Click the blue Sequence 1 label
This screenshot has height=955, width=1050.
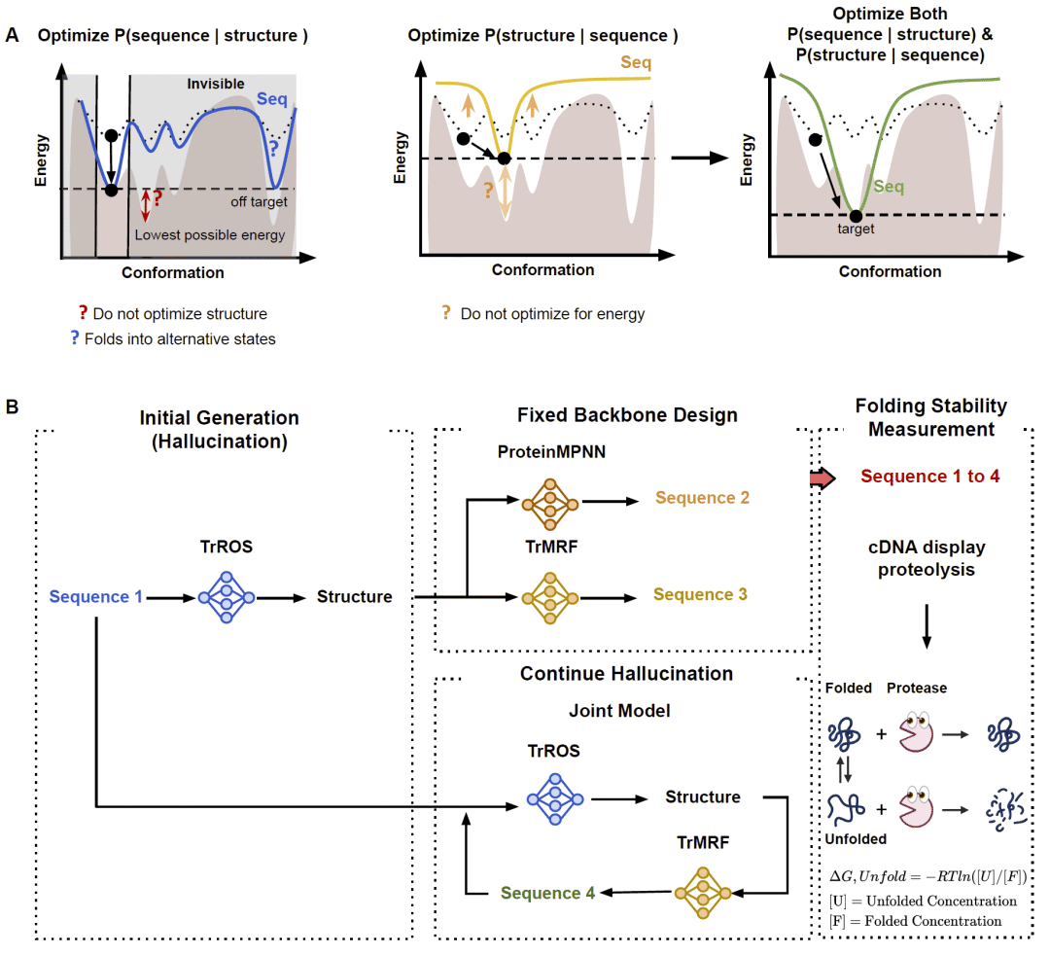pyautogui.click(x=96, y=596)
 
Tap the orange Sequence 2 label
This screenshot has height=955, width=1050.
pyautogui.click(x=702, y=498)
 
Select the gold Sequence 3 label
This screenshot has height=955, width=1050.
pyautogui.click(x=701, y=594)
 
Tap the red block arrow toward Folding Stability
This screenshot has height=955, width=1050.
pyautogui.click(x=822, y=477)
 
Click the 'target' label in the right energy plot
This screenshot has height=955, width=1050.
pyautogui.click(x=856, y=230)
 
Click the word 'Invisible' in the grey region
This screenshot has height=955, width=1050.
pyautogui.click(x=216, y=85)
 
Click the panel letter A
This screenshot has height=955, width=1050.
pyautogui.click(x=13, y=36)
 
